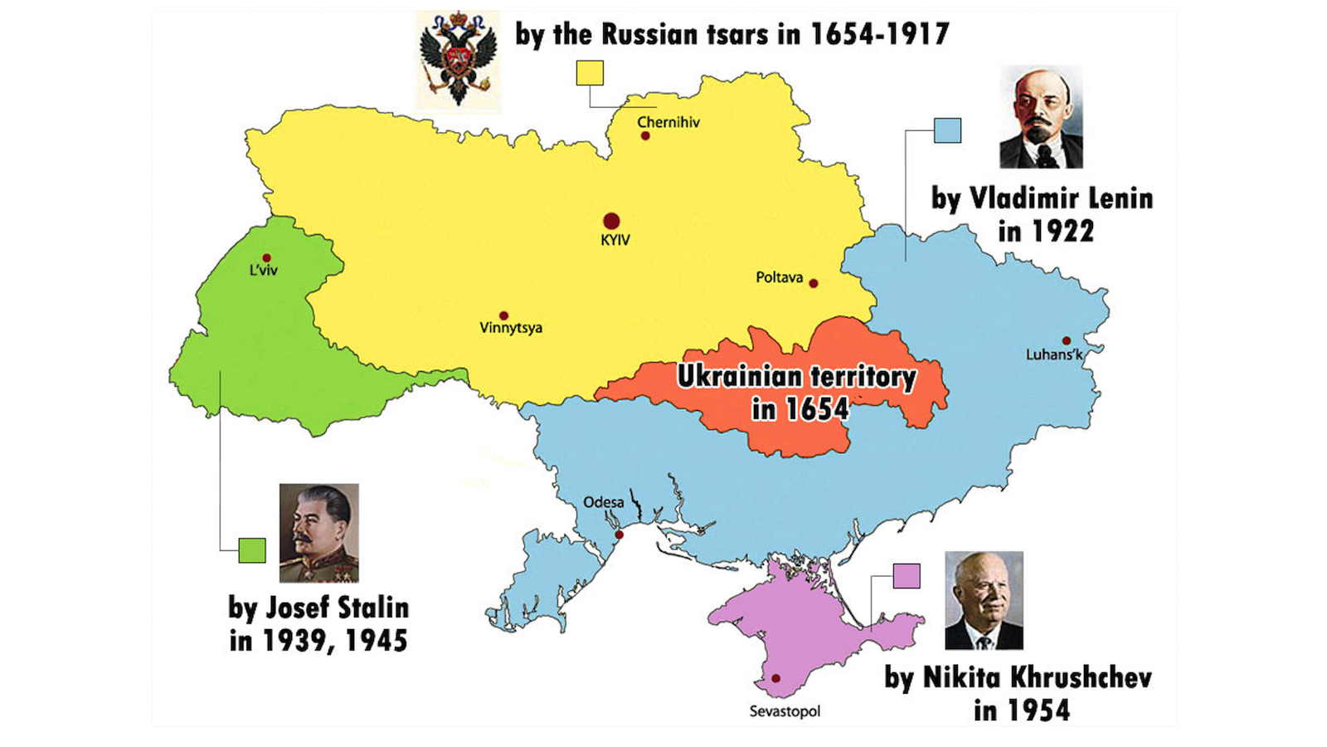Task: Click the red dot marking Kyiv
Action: (611, 221)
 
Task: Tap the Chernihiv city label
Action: (668, 122)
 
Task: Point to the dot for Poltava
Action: (814, 283)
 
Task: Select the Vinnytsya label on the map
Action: (511, 328)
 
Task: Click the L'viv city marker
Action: (266, 258)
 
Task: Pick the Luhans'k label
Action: (1054, 354)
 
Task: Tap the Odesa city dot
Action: (619, 535)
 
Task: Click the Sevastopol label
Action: (785, 711)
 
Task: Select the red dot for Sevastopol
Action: (775, 678)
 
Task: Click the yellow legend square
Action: (590, 73)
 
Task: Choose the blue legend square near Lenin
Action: (947, 130)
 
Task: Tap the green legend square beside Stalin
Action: (252, 550)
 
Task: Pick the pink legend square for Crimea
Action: (907, 576)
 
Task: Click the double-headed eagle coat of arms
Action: (458, 61)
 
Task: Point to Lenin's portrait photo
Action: (1041, 118)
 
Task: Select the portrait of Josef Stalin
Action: (318, 533)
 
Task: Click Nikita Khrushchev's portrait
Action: (984, 600)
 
